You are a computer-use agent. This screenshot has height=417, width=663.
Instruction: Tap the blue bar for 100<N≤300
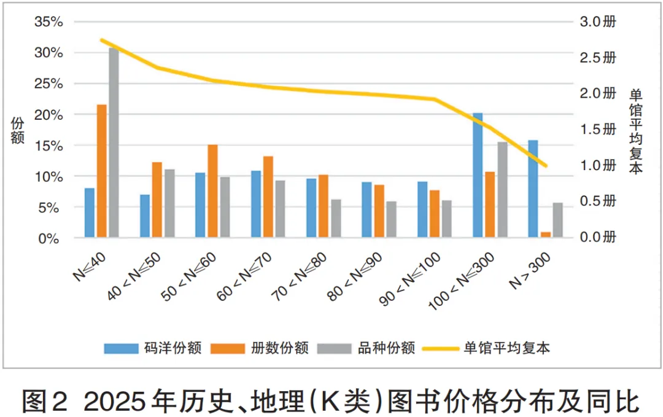click(x=478, y=175)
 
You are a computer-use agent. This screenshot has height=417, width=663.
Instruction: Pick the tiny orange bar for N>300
click(x=545, y=235)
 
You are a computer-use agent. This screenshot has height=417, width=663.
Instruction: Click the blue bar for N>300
click(x=533, y=189)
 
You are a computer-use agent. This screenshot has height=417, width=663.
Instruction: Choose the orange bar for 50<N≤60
click(x=212, y=190)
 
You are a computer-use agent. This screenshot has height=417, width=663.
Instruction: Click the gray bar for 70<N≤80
click(x=335, y=218)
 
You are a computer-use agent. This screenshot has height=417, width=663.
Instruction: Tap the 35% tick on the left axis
click(x=49, y=22)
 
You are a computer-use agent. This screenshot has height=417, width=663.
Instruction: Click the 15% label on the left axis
click(x=49, y=146)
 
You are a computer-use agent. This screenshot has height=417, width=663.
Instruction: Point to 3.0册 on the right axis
click(x=599, y=22)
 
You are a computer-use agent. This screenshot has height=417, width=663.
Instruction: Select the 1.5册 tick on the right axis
click(x=599, y=130)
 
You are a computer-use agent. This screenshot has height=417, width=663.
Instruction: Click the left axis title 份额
click(x=18, y=130)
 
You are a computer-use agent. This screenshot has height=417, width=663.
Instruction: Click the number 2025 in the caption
click(x=111, y=401)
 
